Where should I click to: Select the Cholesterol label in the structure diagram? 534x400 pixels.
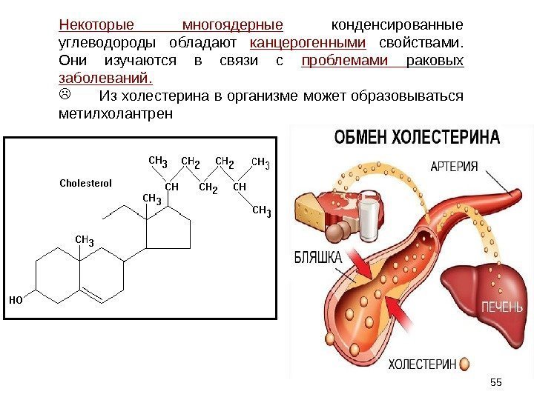85,183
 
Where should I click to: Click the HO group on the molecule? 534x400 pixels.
16,301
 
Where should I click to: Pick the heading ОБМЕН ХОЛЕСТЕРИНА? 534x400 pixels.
417,137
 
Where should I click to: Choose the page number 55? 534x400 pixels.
496,381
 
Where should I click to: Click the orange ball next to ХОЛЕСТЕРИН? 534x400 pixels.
464,364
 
